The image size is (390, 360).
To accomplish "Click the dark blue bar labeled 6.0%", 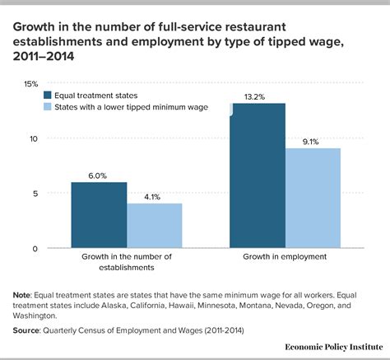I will pos(99,215).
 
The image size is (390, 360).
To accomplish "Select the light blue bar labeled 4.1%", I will pos(154,226).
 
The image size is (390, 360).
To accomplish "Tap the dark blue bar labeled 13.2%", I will pos(258,175).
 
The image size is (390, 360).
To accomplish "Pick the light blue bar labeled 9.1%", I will pos(313,198).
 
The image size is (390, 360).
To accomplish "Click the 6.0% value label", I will pos(99,174).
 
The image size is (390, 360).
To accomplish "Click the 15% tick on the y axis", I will pos(30,84).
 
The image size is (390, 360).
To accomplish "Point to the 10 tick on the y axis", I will pos(33,139).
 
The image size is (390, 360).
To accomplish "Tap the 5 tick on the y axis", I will pos(35,194).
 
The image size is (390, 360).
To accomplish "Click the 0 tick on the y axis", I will pos(35,248).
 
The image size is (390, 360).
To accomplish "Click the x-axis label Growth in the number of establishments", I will pos(127,264).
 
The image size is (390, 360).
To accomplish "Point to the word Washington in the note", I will pos(41,316).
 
